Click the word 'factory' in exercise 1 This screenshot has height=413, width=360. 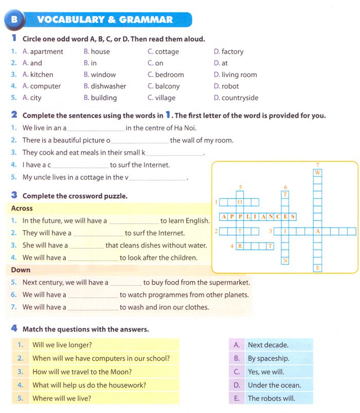232,51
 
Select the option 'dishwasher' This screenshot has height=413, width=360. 109,86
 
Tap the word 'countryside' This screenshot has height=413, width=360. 240,98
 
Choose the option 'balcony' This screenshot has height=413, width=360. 167,86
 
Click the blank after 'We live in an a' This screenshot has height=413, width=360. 96,128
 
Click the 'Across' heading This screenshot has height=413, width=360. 22,209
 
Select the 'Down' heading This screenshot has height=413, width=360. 21,270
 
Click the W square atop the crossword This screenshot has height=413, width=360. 318,173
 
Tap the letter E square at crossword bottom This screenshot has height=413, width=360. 318,268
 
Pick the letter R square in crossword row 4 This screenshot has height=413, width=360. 240,246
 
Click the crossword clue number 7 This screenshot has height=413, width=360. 318,165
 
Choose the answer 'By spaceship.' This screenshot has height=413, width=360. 268,359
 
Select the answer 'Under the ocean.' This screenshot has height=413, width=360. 274,385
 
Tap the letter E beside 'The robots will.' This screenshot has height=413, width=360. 237,399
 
